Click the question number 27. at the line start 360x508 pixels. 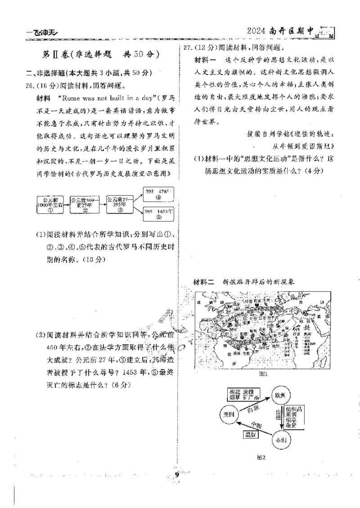click(186, 47)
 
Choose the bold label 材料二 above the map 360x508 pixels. click(202, 282)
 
